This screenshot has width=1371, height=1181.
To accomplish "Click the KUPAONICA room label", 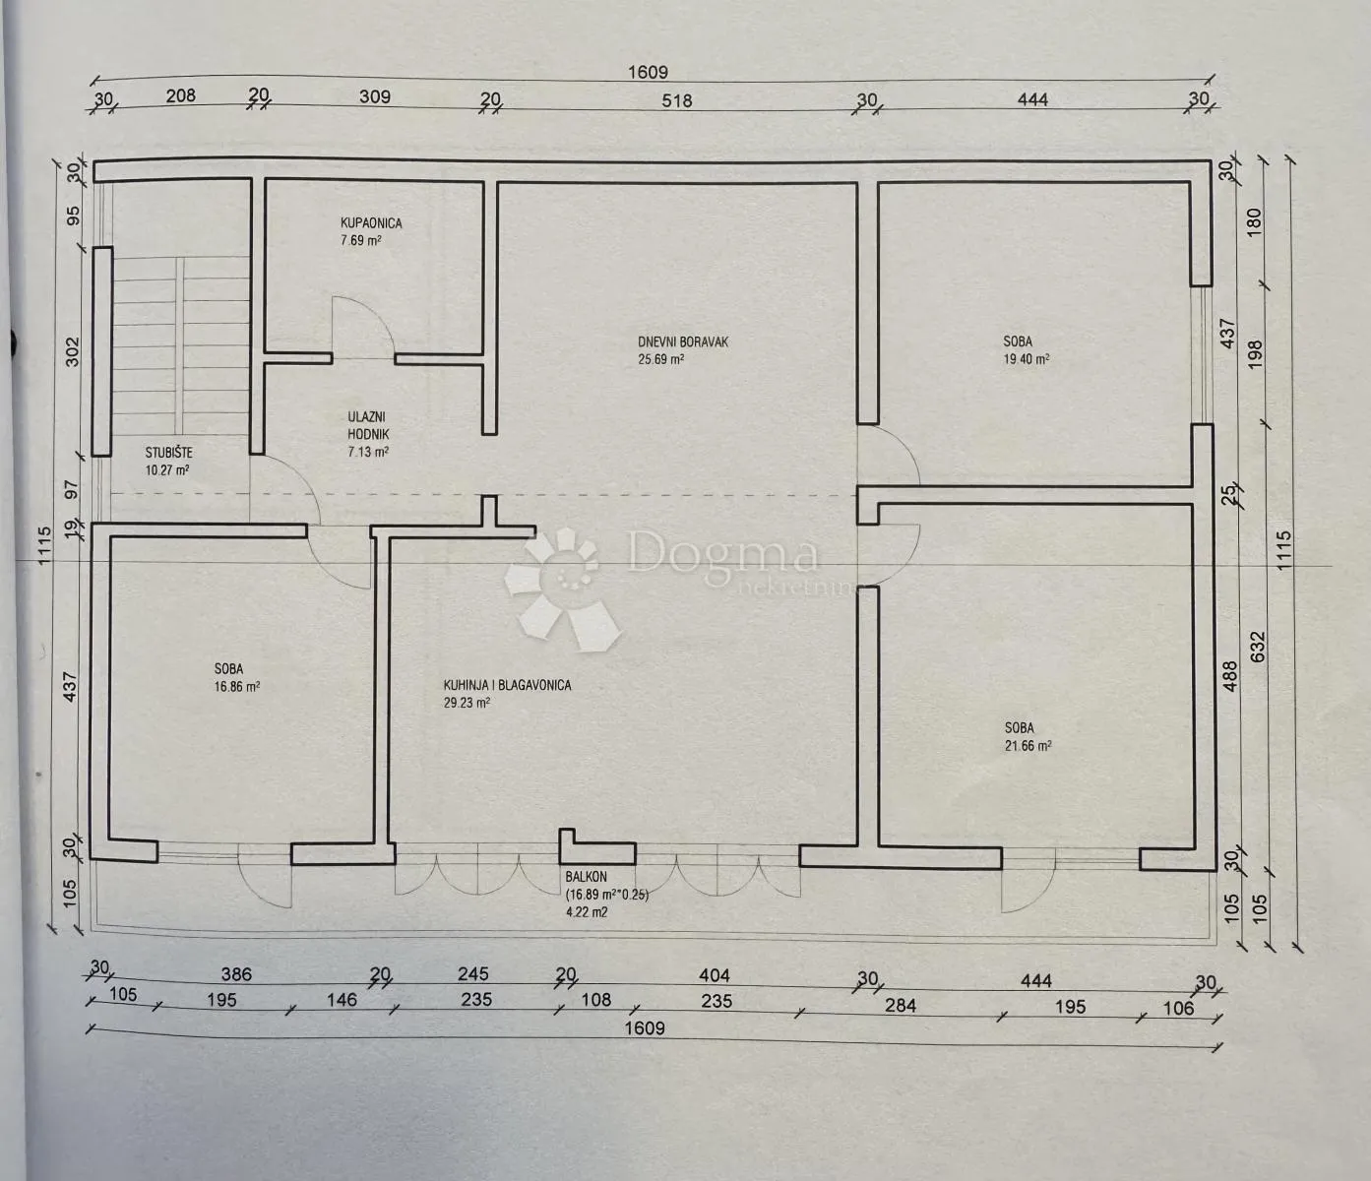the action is (x=371, y=222).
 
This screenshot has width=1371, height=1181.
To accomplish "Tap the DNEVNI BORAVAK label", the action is (x=683, y=342).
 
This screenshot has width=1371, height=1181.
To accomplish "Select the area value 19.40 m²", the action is (x=1027, y=359).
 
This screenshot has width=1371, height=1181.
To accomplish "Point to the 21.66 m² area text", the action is (x=1028, y=745).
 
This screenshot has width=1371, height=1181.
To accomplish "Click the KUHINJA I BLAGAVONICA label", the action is (x=508, y=685).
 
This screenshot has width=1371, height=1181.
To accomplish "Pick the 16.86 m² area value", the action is (x=237, y=686).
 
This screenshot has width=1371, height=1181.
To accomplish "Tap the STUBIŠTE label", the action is (x=169, y=453).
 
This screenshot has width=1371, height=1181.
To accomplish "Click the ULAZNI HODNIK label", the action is (x=368, y=426).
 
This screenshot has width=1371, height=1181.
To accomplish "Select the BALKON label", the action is (x=587, y=877).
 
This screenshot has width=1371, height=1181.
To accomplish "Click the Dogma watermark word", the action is (x=723, y=555).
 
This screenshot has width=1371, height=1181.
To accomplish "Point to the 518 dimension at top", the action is (x=676, y=100).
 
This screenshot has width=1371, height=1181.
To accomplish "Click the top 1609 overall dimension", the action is (x=648, y=72).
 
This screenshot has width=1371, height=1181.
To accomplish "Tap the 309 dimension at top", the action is (x=375, y=96).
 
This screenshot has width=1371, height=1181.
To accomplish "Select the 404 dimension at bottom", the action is (x=715, y=975).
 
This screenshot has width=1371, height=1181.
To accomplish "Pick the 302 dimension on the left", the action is (x=72, y=351).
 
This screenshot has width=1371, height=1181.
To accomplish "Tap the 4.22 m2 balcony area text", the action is (x=587, y=911).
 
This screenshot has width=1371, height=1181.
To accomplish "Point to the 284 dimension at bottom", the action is (x=901, y=1005).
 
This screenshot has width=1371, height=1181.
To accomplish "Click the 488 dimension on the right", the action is (x=1230, y=676).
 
